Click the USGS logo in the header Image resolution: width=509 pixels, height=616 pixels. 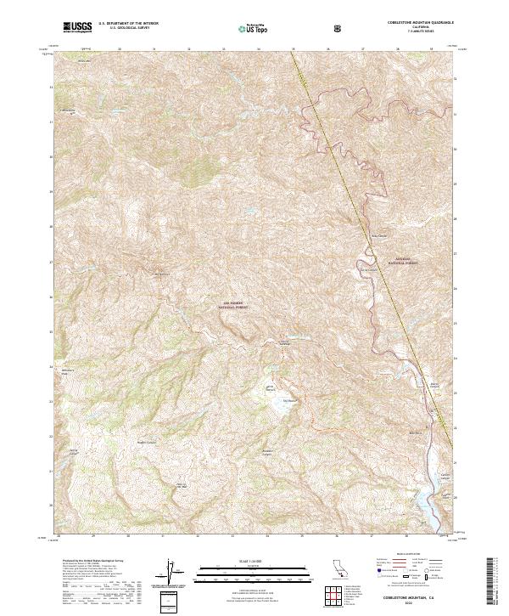78,28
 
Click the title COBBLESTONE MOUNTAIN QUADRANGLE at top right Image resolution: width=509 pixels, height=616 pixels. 409,24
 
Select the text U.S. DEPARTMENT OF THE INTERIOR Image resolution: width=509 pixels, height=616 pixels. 129,25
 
